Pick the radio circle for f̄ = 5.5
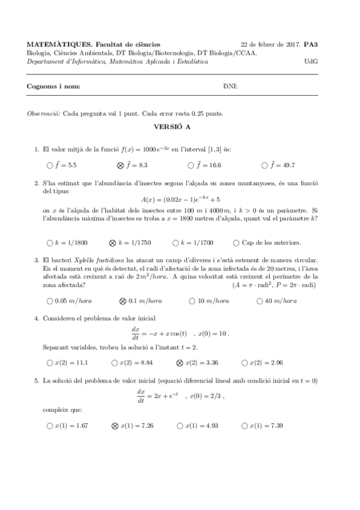click(49, 164)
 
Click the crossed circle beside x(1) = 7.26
click(115, 426)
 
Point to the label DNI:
click(231, 87)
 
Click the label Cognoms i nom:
click(53, 87)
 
